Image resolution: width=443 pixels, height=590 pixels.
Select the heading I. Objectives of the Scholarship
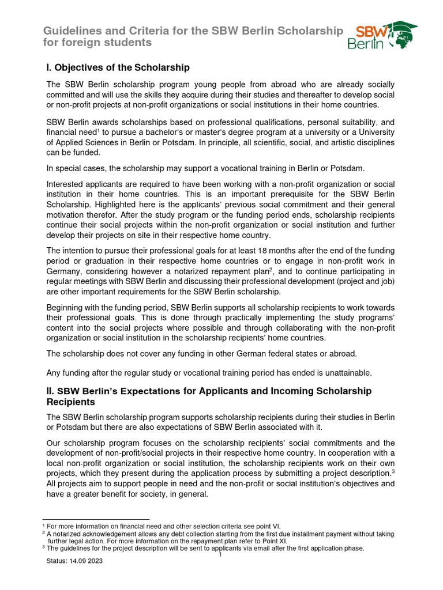tap(118, 67)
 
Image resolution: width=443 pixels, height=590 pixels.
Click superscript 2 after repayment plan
tap(271, 269)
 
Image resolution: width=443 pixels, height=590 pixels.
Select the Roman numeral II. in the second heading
tap(51, 391)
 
